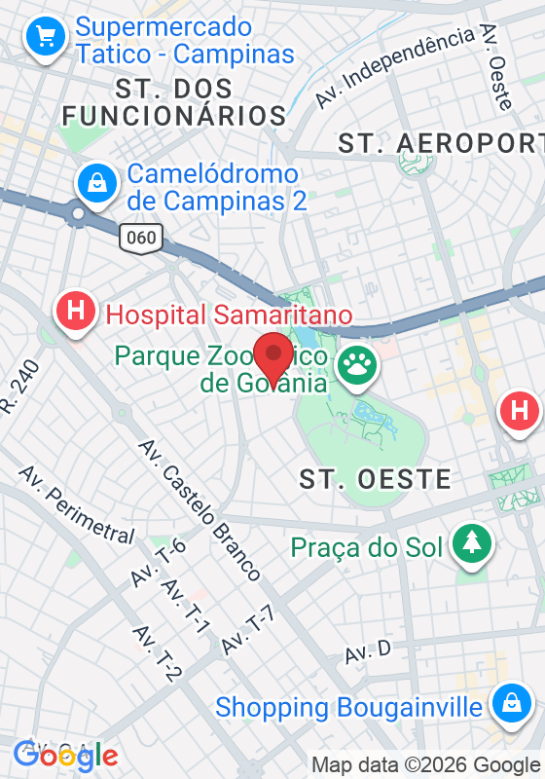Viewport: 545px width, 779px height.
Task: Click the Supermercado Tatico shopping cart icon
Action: point(46,38)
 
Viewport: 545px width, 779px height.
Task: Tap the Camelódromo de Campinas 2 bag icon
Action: point(97,181)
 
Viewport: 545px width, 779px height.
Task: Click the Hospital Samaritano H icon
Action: point(76,313)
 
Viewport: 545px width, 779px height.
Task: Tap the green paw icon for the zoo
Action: point(356,368)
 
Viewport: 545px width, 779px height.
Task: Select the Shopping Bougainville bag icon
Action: point(509,705)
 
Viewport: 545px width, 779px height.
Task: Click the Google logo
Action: point(65,755)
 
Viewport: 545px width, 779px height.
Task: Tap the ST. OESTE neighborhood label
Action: point(375,479)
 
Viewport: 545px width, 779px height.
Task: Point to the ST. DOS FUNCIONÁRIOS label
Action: point(174,102)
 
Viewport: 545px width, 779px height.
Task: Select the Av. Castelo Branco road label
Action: point(200,509)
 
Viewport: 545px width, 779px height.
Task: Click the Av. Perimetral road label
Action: point(77,505)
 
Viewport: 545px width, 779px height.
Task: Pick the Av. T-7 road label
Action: point(248,629)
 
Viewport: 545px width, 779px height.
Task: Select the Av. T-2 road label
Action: point(158,653)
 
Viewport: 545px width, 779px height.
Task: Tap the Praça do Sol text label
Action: point(367,547)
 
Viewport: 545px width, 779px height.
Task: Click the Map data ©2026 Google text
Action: point(425,764)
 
